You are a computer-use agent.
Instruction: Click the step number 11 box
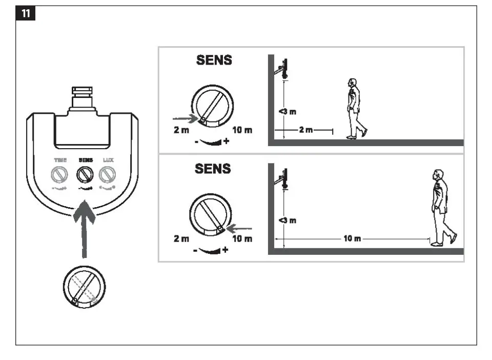click(26, 14)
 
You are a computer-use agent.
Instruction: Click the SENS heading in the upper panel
click(214, 60)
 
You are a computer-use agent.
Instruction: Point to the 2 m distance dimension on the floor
click(306, 130)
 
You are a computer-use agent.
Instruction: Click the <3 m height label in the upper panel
click(287, 112)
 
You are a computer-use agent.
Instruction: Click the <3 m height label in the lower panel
click(287, 221)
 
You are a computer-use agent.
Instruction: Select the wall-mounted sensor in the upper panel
click(282, 69)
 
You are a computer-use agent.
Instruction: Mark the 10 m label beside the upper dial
click(242, 130)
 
